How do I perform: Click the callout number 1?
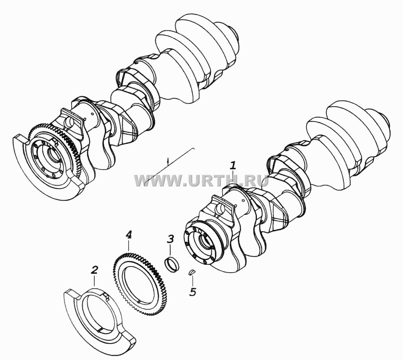coord(233,166)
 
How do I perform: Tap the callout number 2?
coord(94,270)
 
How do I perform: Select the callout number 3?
coord(170,239)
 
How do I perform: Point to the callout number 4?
coord(129,234)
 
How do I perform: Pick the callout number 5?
coord(193,292)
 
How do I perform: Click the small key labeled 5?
coord(192,272)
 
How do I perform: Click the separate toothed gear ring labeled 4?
coord(138,280)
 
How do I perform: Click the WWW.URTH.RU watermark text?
coord(201,180)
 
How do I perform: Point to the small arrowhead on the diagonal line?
coord(168,160)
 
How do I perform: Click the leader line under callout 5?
coord(192,280)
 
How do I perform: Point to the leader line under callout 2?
coord(95,280)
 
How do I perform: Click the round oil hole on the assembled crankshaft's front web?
coord(69,121)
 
